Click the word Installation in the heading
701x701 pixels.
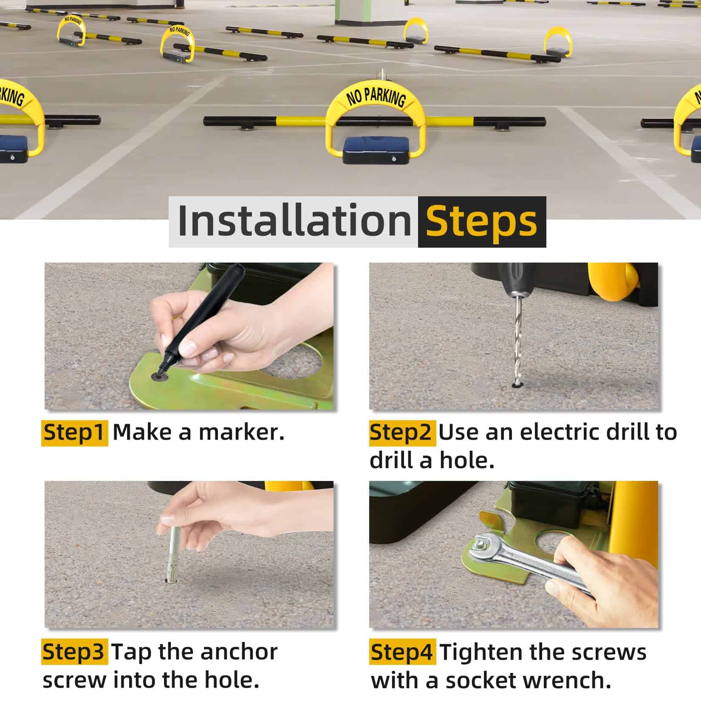pyautogui.click(x=294, y=221)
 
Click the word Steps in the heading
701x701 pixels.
pyautogui.click(x=481, y=221)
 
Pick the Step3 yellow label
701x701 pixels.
pyautogui.click(x=74, y=652)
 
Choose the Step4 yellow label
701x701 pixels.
pyautogui.click(x=402, y=652)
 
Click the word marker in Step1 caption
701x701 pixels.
pyautogui.click(x=241, y=432)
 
